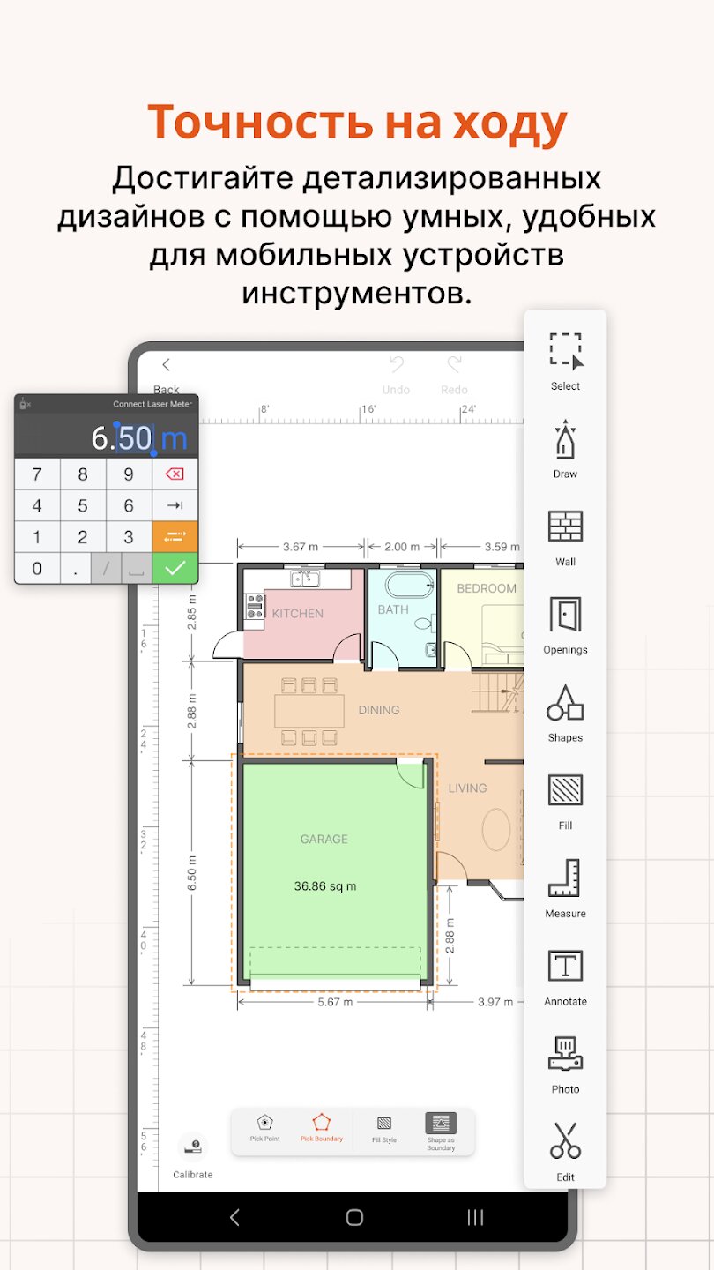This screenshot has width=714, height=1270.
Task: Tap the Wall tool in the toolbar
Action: (565, 527)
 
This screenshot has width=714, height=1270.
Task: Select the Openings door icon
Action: (565, 614)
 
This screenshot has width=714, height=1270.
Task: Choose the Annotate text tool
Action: (565, 966)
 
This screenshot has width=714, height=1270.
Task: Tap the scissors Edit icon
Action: (565, 1140)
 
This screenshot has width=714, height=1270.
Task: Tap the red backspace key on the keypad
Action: (175, 474)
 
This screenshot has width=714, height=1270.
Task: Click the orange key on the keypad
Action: (175, 536)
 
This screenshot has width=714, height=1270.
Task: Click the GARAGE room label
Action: (324, 839)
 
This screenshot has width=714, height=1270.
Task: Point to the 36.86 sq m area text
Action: (325, 886)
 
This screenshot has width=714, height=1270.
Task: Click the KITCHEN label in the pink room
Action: (298, 614)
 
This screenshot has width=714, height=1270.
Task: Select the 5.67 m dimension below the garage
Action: (335, 1002)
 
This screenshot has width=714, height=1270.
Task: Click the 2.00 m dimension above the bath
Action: (402, 547)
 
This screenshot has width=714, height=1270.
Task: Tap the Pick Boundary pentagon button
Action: (321, 1128)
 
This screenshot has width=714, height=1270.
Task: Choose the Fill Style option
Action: (384, 1130)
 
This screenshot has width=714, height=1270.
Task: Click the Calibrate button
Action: (193, 1155)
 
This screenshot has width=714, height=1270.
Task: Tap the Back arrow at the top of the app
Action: (166, 364)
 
